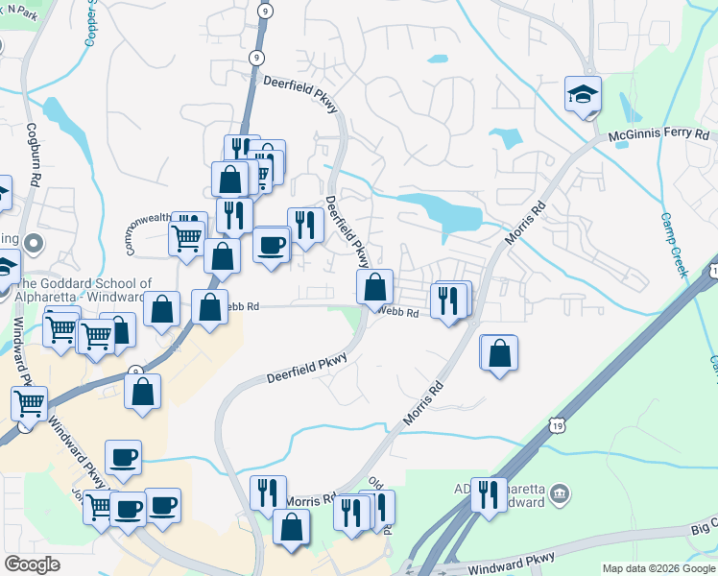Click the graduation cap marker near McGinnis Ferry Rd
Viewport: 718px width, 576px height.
(583, 94)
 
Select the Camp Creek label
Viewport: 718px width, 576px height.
(675, 245)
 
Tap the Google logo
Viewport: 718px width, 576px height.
(33, 565)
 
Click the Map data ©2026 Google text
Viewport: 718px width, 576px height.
(658, 568)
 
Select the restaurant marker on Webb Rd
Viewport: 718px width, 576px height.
(448, 300)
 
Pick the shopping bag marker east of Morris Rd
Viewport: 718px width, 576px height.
(499, 353)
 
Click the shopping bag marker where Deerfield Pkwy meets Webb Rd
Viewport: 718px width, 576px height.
(374, 286)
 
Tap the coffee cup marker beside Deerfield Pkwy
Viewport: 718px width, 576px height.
(271, 245)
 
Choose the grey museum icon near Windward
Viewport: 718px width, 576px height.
(561, 494)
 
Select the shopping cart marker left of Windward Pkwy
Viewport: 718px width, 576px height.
(29, 404)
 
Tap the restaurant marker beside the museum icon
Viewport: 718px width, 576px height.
(490, 495)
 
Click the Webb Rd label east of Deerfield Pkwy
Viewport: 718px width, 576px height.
(397, 313)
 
